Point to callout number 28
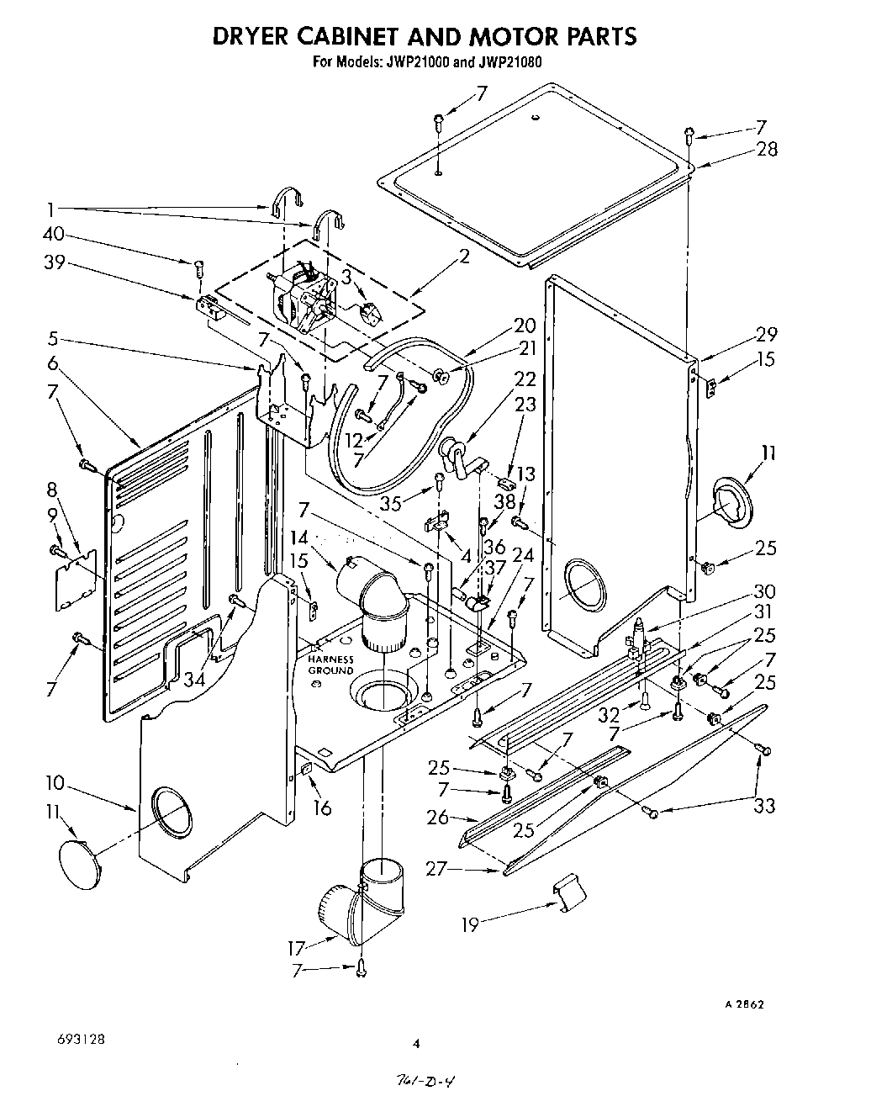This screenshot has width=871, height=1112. [x=766, y=150]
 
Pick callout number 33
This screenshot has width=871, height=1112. [x=764, y=805]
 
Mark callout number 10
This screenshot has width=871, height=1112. [x=55, y=783]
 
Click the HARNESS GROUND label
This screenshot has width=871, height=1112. [x=330, y=665]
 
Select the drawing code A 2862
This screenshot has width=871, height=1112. [x=745, y=1004]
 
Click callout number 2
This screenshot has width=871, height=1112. [x=464, y=257]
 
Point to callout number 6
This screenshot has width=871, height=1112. [x=54, y=363]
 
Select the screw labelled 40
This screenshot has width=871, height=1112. [x=199, y=267]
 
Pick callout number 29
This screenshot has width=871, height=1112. [x=766, y=333]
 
